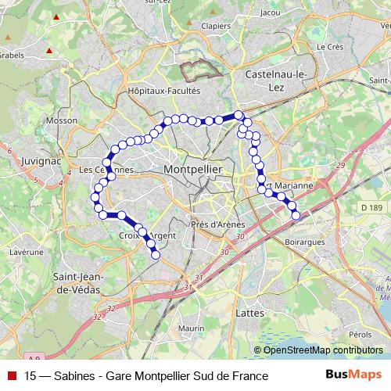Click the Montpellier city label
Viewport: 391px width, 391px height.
pyautogui.click(x=193, y=169)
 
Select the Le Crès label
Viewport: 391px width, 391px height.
pyautogui.click(x=331, y=47)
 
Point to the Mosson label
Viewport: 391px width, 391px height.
pyautogui.click(x=62, y=121)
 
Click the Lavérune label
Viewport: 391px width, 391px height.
pyautogui.click(x=27, y=253)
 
